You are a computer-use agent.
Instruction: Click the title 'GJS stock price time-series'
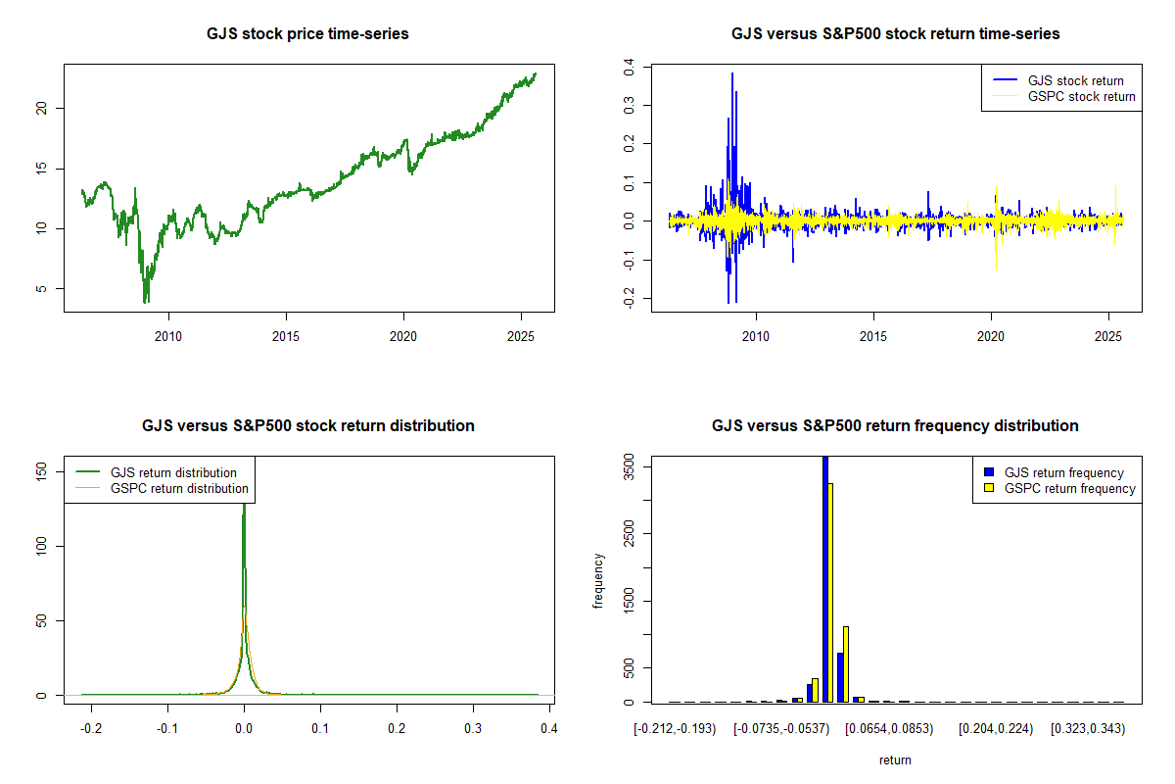pos(307,34)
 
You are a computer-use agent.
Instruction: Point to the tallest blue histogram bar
pos(825,578)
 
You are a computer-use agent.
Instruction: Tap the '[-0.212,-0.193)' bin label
pos(676,729)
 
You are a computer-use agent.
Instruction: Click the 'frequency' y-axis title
pos(599,581)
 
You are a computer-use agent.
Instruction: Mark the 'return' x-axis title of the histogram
pos(895,759)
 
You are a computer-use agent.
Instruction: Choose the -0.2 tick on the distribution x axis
pos(92,729)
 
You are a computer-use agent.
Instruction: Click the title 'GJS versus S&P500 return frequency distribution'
pos(895,426)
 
